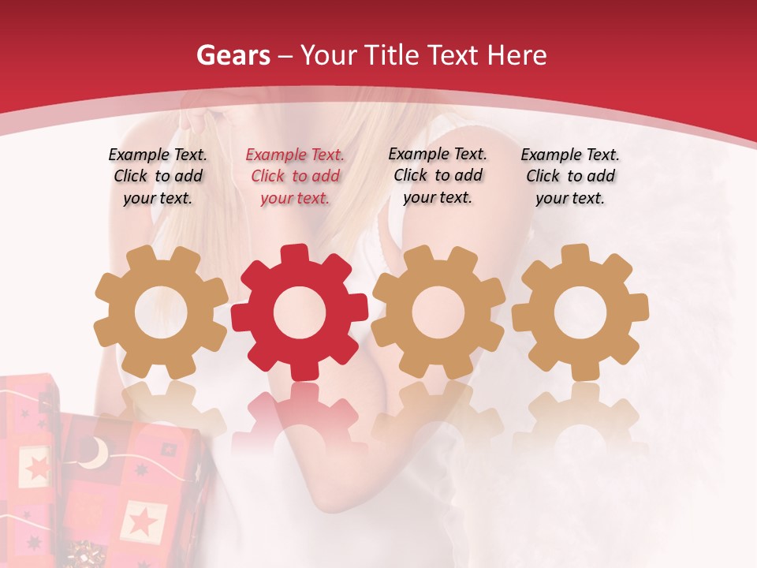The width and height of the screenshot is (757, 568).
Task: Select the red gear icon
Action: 299,312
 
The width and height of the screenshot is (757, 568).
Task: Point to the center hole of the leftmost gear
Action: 161,312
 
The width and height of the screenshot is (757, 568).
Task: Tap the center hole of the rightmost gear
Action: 580,312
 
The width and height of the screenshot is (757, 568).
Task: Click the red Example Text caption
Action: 295,177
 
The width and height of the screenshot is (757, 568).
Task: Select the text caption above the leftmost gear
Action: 158,176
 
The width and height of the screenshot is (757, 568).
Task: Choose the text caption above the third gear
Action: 438,175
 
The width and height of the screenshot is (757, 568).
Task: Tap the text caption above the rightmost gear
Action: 570,176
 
